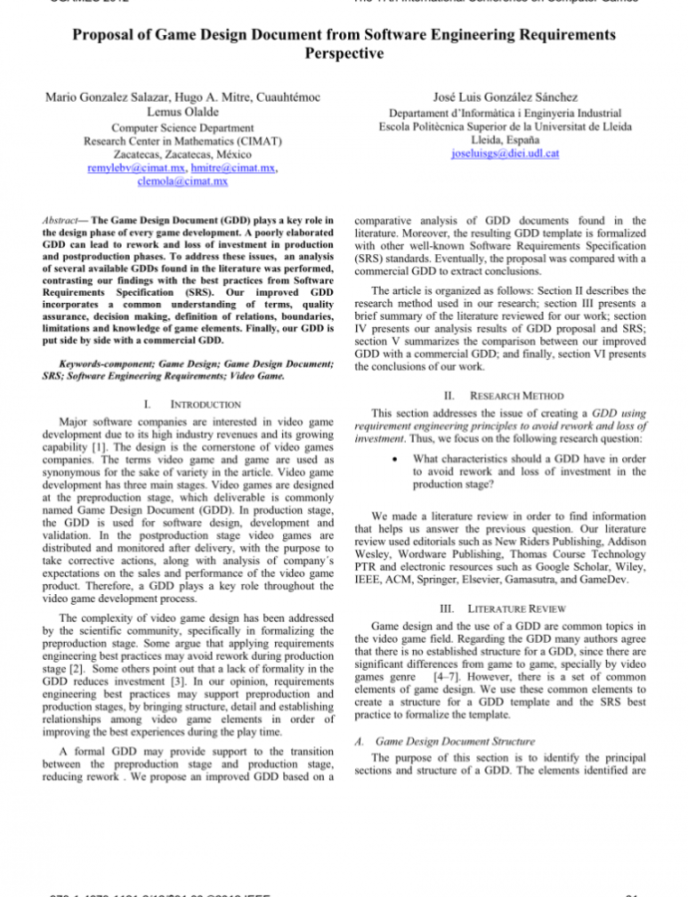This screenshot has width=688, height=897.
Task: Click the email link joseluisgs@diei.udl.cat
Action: [506, 154]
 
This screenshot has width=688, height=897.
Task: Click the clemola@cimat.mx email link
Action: [182, 181]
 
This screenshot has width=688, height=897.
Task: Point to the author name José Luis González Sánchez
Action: [506, 97]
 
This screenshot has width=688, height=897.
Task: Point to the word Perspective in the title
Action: [344, 53]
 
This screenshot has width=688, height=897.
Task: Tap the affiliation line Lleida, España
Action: [506, 141]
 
